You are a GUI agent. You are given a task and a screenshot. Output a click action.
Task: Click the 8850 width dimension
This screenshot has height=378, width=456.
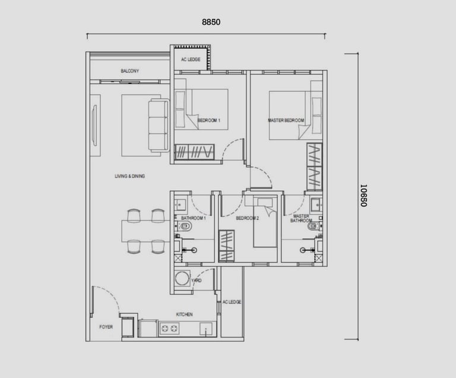[211, 22]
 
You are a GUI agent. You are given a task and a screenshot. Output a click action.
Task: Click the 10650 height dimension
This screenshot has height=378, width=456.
[363, 196]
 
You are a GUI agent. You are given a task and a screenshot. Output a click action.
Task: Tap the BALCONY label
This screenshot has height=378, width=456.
[129, 71]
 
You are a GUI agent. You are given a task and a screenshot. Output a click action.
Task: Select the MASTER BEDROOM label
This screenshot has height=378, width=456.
[286, 120]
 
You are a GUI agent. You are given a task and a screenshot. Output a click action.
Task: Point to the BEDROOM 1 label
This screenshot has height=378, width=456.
[209, 120]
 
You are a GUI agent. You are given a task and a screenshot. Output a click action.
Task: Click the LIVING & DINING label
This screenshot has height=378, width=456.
[129, 176]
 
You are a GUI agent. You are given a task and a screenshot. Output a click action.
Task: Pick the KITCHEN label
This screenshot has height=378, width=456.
[185, 314]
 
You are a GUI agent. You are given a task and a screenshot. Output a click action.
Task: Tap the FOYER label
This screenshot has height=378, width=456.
[106, 327]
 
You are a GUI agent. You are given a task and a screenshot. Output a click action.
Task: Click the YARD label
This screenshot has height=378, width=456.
[197, 281]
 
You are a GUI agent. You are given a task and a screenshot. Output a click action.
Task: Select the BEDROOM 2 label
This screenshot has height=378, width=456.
[247, 218]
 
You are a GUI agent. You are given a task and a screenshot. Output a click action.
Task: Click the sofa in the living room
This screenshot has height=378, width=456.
[159, 125]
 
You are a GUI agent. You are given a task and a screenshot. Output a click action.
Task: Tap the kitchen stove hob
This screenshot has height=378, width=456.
[170, 329]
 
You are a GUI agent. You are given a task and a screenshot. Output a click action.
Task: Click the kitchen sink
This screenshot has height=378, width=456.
[206, 329]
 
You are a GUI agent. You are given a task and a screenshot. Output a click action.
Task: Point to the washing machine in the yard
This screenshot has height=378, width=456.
[182, 278]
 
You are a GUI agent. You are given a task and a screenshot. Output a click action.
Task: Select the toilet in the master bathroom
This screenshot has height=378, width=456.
[314, 226]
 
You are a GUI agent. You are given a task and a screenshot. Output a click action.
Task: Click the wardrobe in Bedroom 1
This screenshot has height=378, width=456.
[194, 152]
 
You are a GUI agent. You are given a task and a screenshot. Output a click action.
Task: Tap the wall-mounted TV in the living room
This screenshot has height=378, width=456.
[94, 125]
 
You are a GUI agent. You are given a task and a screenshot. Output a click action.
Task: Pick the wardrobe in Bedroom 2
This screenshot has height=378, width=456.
[227, 245]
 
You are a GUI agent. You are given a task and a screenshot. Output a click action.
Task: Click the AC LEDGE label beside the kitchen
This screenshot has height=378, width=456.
[232, 302]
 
